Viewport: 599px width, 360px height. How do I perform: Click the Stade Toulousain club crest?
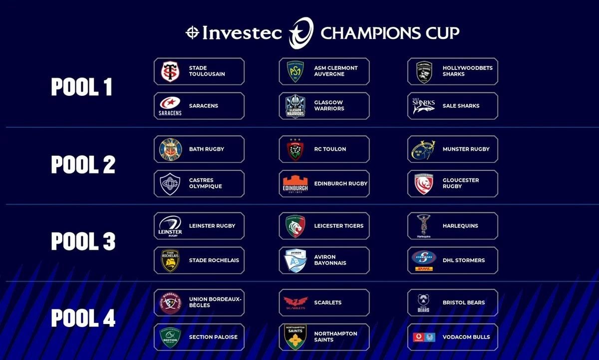click(x=170, y=71)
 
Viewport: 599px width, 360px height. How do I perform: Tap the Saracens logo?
click(x=170, y=106)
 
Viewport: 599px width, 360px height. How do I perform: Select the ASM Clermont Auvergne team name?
click(x=336, y=71)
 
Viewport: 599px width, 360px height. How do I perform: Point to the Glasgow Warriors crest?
click(x=295, y=106)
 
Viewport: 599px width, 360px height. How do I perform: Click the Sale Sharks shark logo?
click(x=424, y=106)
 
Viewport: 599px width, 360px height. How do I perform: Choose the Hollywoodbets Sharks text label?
click(x=467, y=71)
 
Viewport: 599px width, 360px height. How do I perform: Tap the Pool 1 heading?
click(x=81, y=87)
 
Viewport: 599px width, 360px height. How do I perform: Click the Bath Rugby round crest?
click(x=170, y=149)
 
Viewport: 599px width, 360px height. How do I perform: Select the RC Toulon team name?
click(x=330, y=149)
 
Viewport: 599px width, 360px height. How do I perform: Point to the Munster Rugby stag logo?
click(x=424, y=150)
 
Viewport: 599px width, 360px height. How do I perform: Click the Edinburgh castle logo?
click(x=295, y=184)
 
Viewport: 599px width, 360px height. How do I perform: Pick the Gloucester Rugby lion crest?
click(x=424, y=184)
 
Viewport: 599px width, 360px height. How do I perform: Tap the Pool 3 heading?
click(x=83, y=241)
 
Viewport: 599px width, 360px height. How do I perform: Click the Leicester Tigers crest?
click(x=295, y=226)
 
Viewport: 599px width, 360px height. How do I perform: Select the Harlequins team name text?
click(x=460, y=226)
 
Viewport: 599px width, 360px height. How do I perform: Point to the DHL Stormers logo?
click(x=424, y=261)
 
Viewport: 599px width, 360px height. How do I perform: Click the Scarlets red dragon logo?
click(x=296, y=303)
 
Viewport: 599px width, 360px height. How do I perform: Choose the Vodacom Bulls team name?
click(x=466, y=337)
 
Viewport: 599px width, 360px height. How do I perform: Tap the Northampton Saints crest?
click(x=295, y=337)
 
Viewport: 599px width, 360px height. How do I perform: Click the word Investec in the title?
click(x=242, y=33)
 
